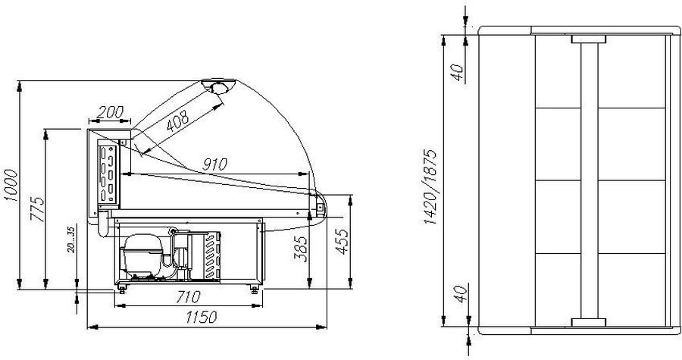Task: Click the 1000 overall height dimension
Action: (11, 185)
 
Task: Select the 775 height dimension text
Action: (38, 209)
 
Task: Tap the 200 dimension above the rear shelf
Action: (110, 112)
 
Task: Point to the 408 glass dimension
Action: (178, 121)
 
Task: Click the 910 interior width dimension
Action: (214, 164)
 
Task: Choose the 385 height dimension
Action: (301, 249)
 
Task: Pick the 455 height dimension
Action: (342, 242)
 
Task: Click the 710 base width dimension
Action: (189, 297)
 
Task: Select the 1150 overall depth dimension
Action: (201, 318)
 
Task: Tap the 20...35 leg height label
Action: (72, 239)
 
